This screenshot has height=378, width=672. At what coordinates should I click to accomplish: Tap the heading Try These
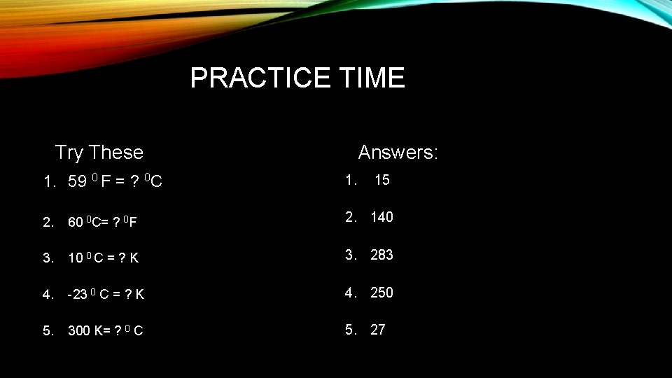pyautogui.click(x=99, y=152)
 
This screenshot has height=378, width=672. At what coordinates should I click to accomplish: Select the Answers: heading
pyautogui.click(x=398, y=152)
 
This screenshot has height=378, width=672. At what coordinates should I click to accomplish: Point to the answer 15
pyautogui.click(x=382, y=180)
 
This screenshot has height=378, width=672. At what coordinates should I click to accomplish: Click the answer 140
pyautogui.click(x=381, y=217)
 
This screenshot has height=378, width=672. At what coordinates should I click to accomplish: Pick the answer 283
pyautogui.click(x=381, y=255)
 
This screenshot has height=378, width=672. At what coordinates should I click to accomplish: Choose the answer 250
pyautogui.click(x=381, y=293)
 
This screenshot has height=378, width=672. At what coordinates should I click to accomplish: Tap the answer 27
pyautogui.click(x=378, y=330)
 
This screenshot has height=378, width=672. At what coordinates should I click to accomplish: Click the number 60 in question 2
pyautogui.click(x=75, y=223)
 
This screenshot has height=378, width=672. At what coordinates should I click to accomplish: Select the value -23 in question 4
pyautogui.click(x=77, y=295)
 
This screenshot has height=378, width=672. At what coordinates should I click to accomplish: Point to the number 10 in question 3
pyautogui.click(x=75, y=258)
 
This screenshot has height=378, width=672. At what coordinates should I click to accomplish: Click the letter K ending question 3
pyautogui.click(x=134, y=258)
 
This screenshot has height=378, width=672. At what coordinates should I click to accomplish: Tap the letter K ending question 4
pyautogui.click(x=140, y=295)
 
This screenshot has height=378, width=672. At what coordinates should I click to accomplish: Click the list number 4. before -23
pyautogui.click(x=48, y=295)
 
